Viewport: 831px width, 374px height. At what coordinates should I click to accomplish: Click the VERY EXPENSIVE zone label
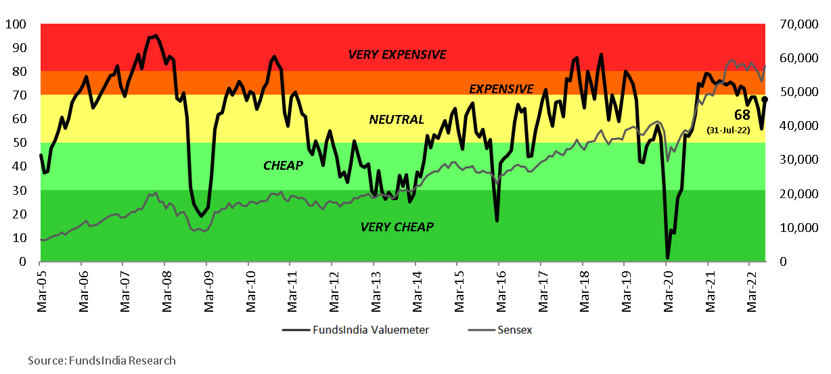[x=397, y=55]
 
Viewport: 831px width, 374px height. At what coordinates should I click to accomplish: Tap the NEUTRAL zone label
[x=397, y=120]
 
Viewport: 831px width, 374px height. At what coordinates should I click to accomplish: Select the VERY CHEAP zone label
[x=397, y=227]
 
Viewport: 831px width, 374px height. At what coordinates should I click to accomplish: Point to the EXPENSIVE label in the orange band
[x=501, y=89]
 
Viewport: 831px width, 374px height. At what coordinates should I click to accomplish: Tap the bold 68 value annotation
[x=742, y=114]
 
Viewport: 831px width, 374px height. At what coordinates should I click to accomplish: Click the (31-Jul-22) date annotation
[x=728, y=130]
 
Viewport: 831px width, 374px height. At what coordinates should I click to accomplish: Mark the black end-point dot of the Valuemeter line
[x=765, y=99]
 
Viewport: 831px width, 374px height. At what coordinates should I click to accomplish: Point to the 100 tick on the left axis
[x=15, y=24]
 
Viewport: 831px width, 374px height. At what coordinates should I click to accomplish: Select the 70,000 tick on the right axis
[x=792, y=24]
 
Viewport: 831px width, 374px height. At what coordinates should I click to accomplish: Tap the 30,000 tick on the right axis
[x=792, y=160]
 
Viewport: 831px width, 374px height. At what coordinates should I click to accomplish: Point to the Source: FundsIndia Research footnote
[x=102, y=360]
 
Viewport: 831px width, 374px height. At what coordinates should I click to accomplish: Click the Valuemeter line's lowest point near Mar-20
[x=667, y=258]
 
